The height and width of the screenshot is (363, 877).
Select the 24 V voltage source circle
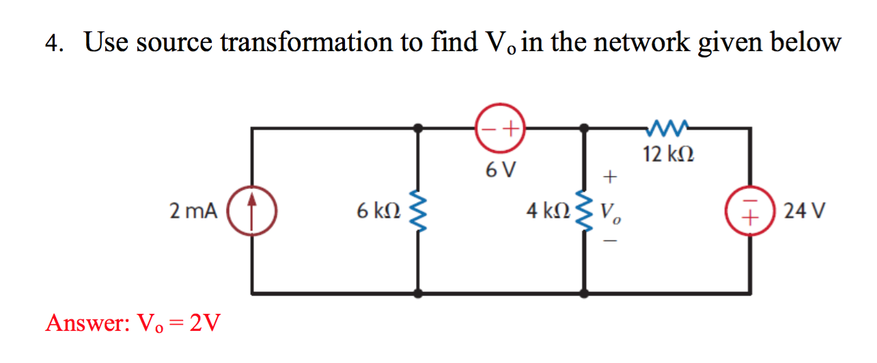click(751, 211)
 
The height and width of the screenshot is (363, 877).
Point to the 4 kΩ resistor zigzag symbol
click(584, 211)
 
